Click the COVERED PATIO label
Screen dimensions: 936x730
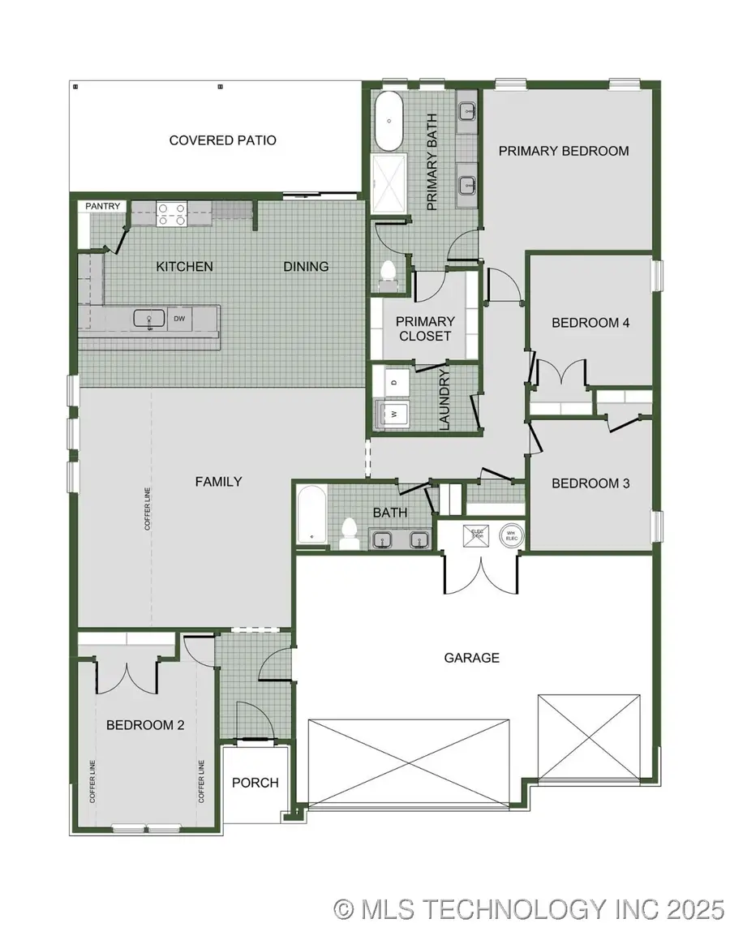pyautogui.click(x=222, y=140)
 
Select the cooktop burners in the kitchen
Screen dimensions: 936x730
pyautogui.click(x=170, y=213)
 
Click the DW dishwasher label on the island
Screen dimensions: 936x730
pyautogui.click(x=179, y=319)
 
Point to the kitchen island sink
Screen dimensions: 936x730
pyautogui.click(x=149, y=319)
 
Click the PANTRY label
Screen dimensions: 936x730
pyautogui.click(x=103, y=207)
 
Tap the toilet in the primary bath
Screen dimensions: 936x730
pyautogui.click(x=388, y=273)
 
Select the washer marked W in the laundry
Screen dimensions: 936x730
pyautogui.click(x=394, y=413)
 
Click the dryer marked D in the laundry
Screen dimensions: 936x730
pyautogui.click(x=394, y=380)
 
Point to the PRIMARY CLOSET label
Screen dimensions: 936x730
pyautogui.click(x=424, y=328)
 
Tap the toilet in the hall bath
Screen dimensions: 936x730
pyautogui.click(x=350, y=533)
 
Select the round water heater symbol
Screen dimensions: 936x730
pyautogui.click(x=511, y=535)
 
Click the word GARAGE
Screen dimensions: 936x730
pyautogui.click(x=471, y=658)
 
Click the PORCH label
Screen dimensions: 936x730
pyautogui.click(x=255, y=783)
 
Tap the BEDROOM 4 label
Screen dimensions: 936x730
pyautogui.click(x=590, y=322)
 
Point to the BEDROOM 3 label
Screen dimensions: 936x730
pyautogui.click(x=590, y=483)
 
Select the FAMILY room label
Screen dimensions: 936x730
pyautogui.click(x=218, y=481)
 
